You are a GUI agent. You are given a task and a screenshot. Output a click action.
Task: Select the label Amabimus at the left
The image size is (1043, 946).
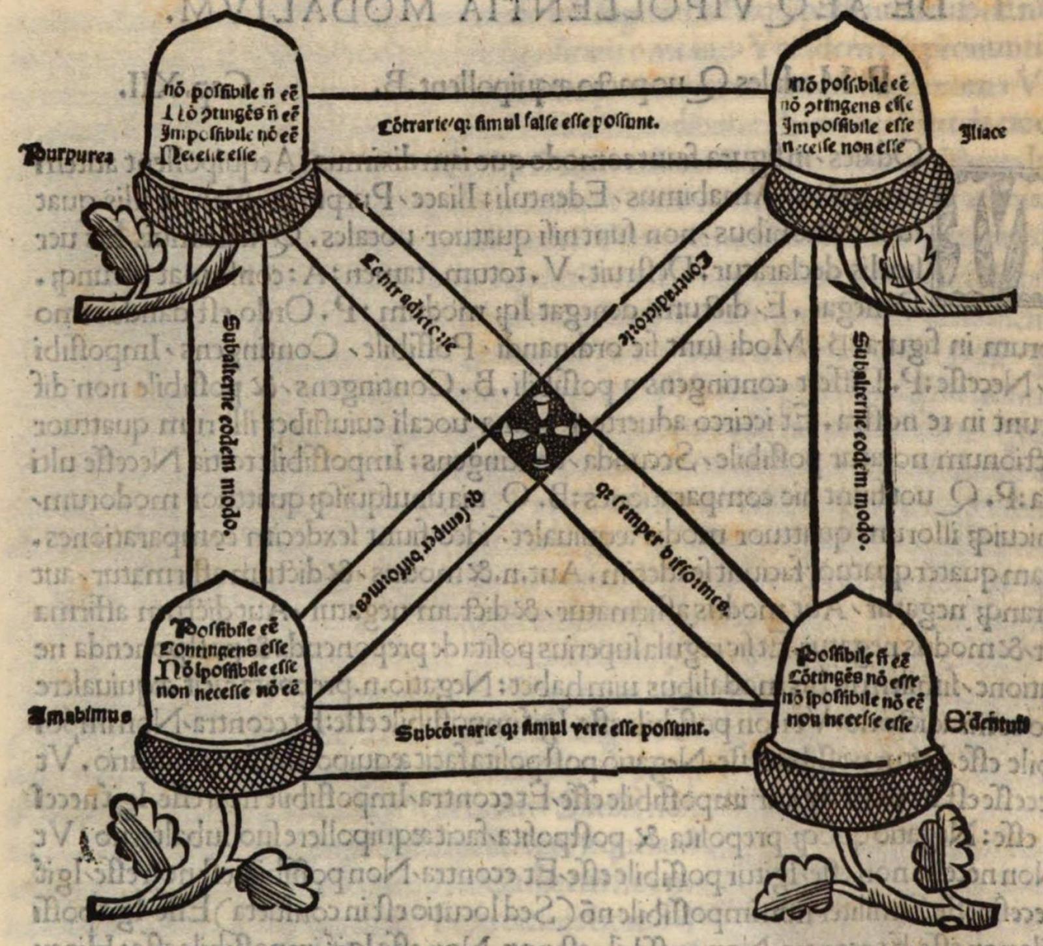(x=79, y=715)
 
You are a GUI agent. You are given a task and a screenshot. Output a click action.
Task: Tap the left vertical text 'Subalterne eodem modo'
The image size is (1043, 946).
(x=229, y=424)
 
